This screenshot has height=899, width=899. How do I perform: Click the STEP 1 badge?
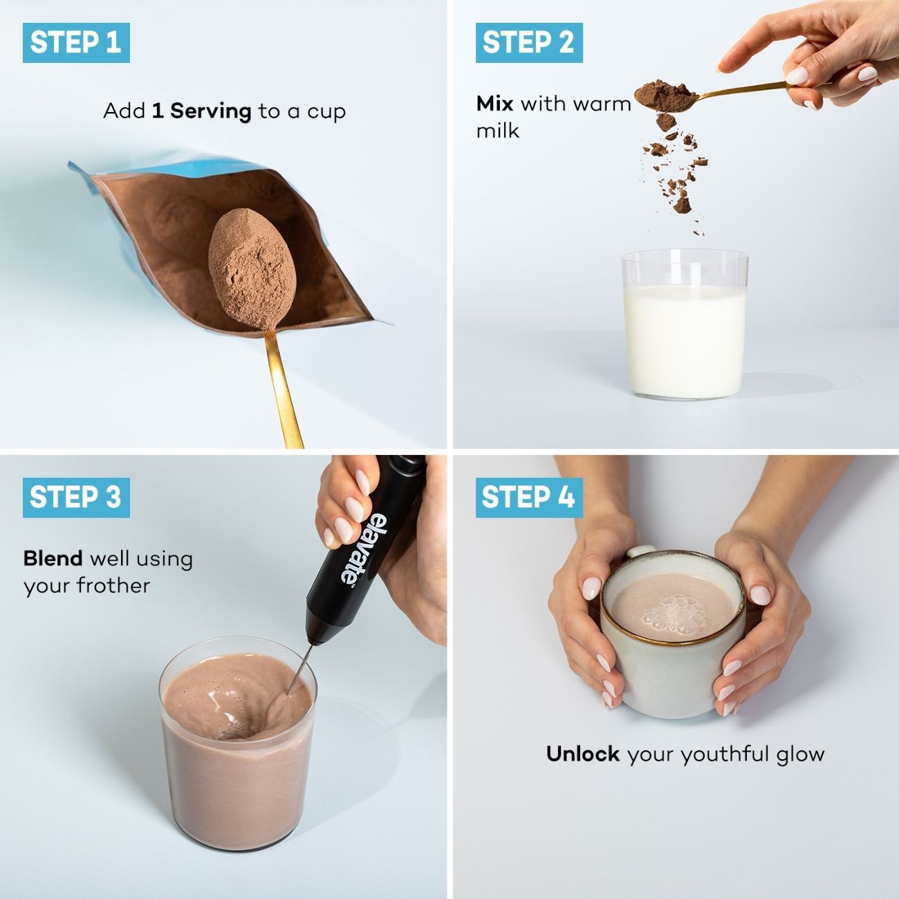tap(76, 42)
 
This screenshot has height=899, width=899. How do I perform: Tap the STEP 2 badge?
tap(529, 42)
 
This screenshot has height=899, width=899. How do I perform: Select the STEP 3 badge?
tap(76, 497)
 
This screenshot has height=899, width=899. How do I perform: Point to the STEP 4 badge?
tap(529, 497)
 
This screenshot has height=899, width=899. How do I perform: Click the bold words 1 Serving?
tap(201, 111)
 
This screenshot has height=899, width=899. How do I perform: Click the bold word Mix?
tap(494, 104)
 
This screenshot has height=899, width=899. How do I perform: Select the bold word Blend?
tap(53, 558)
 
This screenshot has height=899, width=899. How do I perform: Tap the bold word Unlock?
tap(583, 754)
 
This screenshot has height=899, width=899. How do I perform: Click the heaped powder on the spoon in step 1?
tap(252, 268)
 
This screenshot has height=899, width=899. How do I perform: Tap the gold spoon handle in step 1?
tap(281, 387)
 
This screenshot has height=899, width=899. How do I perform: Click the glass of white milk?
tap(685, 325)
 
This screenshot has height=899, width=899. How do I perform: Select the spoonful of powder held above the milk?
tap(667, 95)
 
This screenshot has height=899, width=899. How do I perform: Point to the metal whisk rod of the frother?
tap(301, 667)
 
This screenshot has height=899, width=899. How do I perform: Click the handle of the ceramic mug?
tap(640, 552)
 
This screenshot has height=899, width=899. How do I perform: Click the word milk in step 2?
tap(497, 131)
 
